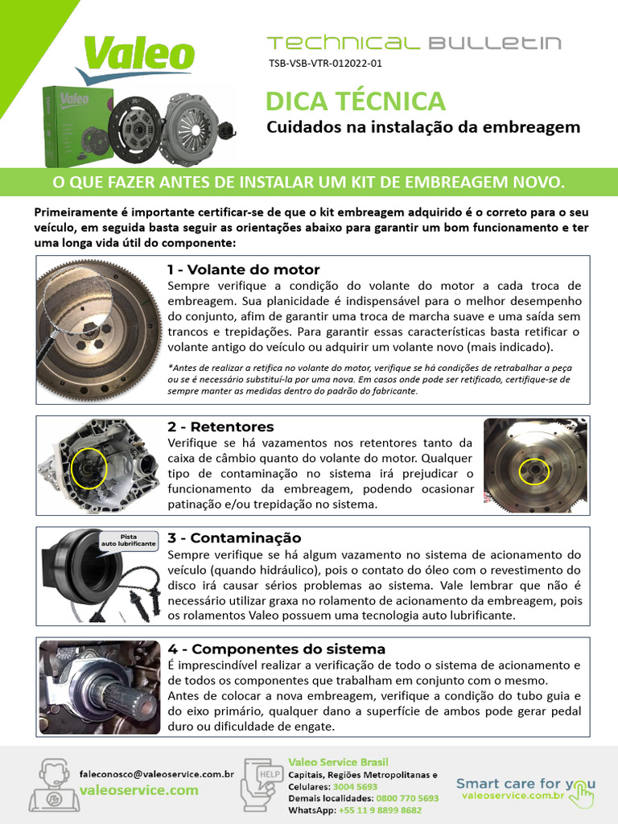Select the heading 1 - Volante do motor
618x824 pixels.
coord(243,270)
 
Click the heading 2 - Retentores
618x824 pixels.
coord(220,426)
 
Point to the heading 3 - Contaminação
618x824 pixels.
coord(234,538)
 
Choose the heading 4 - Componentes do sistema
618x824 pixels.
coord(276,649)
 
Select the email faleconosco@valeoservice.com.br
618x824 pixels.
coord(157,773)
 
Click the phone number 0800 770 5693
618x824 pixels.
coord(407,798)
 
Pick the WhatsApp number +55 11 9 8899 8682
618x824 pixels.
coord(380,810)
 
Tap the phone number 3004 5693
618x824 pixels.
coord(355,786)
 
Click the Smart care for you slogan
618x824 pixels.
coord(525,783)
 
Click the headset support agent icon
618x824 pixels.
coord(52,785)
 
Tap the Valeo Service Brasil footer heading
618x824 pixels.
coord(338,762)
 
